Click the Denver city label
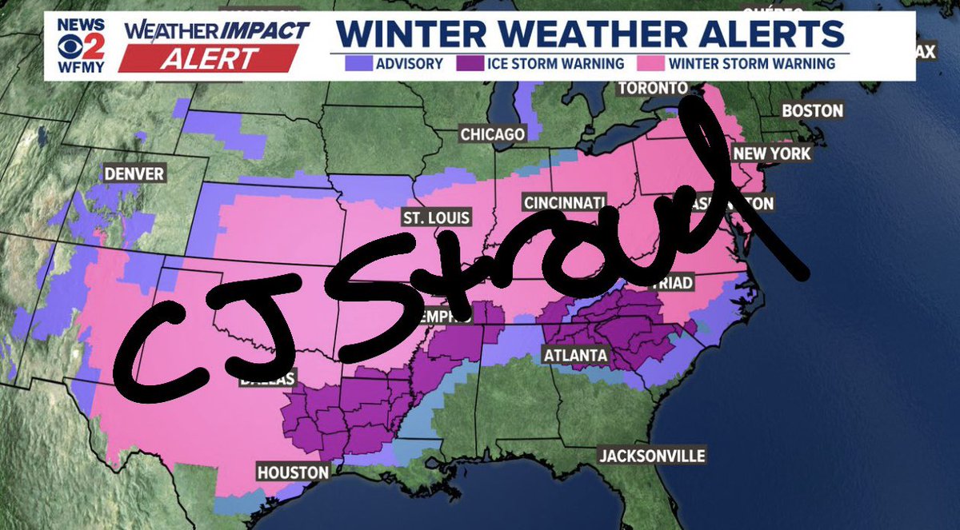tap(134, 173)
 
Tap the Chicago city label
tap(492, 133)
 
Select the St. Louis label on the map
tap(436, 217)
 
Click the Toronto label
tap(652, 87)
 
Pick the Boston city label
tap(812, 110)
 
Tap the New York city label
tap(772, 153)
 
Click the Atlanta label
tap(574, 354)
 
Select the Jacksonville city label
tap(653, 456)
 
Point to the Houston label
tap(293, 472)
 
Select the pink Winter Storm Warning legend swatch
tap(649, 63)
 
